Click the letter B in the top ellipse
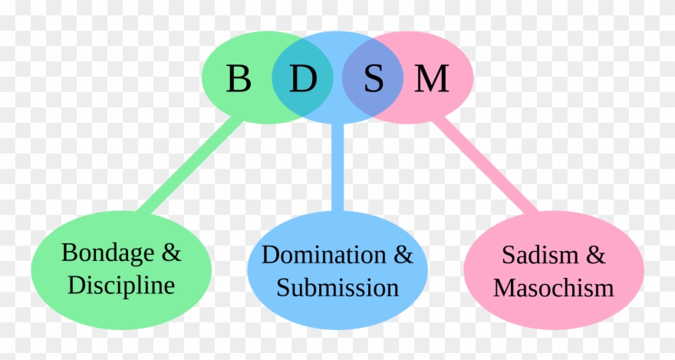[x=239, y=78]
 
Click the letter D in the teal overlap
[x=303, y=78]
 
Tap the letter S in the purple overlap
[x=374, y=78]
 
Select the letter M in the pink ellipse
[x=431, y=78]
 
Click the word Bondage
[x=106, y=253]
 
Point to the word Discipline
[x=121, y=286]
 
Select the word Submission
[x=337, y=288]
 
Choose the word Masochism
[x=553, y=288]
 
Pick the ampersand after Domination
[x=402, y=255]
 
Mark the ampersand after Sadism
[x=594, y=255]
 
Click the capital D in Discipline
[x=75, y=286]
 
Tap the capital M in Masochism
[x=504, y=288]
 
